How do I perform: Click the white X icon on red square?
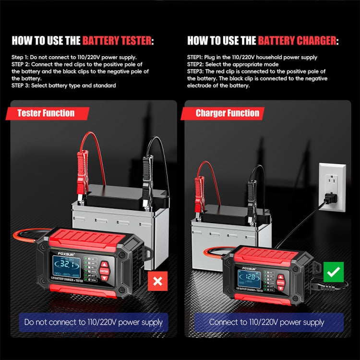point(157,281)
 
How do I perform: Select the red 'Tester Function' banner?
point(46,113)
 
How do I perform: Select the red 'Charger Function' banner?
point(227,113)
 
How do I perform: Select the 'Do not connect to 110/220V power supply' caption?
point(94,323)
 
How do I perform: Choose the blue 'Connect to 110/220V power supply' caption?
point(267,323)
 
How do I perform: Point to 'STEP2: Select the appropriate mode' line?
point(232,64)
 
